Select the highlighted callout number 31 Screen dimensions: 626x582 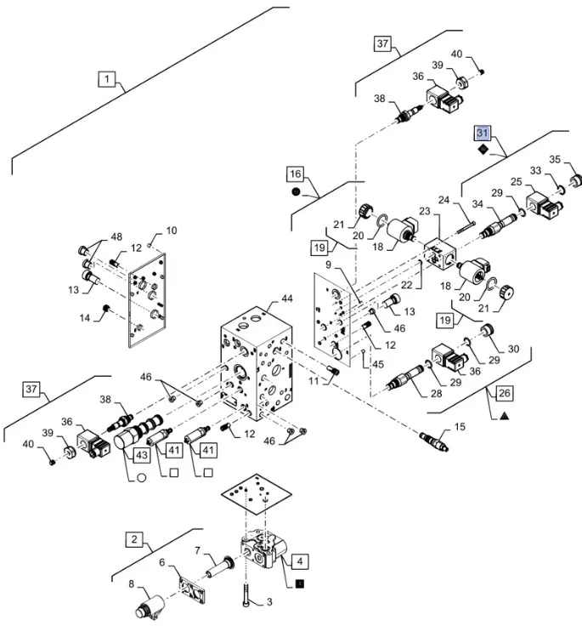(x=483, y=134)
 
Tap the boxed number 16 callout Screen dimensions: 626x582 (x=295, y=174)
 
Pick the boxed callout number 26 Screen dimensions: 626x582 (x=504, y=394)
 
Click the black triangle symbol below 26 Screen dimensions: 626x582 (x=504, y=416)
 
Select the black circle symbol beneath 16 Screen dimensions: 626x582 (x=295, y=193)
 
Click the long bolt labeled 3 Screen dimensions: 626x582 (x=246, y=584)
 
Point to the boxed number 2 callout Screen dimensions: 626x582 (x=134, y=539)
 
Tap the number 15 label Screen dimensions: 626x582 (x=461, y=425)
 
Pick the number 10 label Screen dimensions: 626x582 (x=171, y=230)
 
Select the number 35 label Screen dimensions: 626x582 (x=555, y=159)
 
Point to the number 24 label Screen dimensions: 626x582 (x=443, y=202)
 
